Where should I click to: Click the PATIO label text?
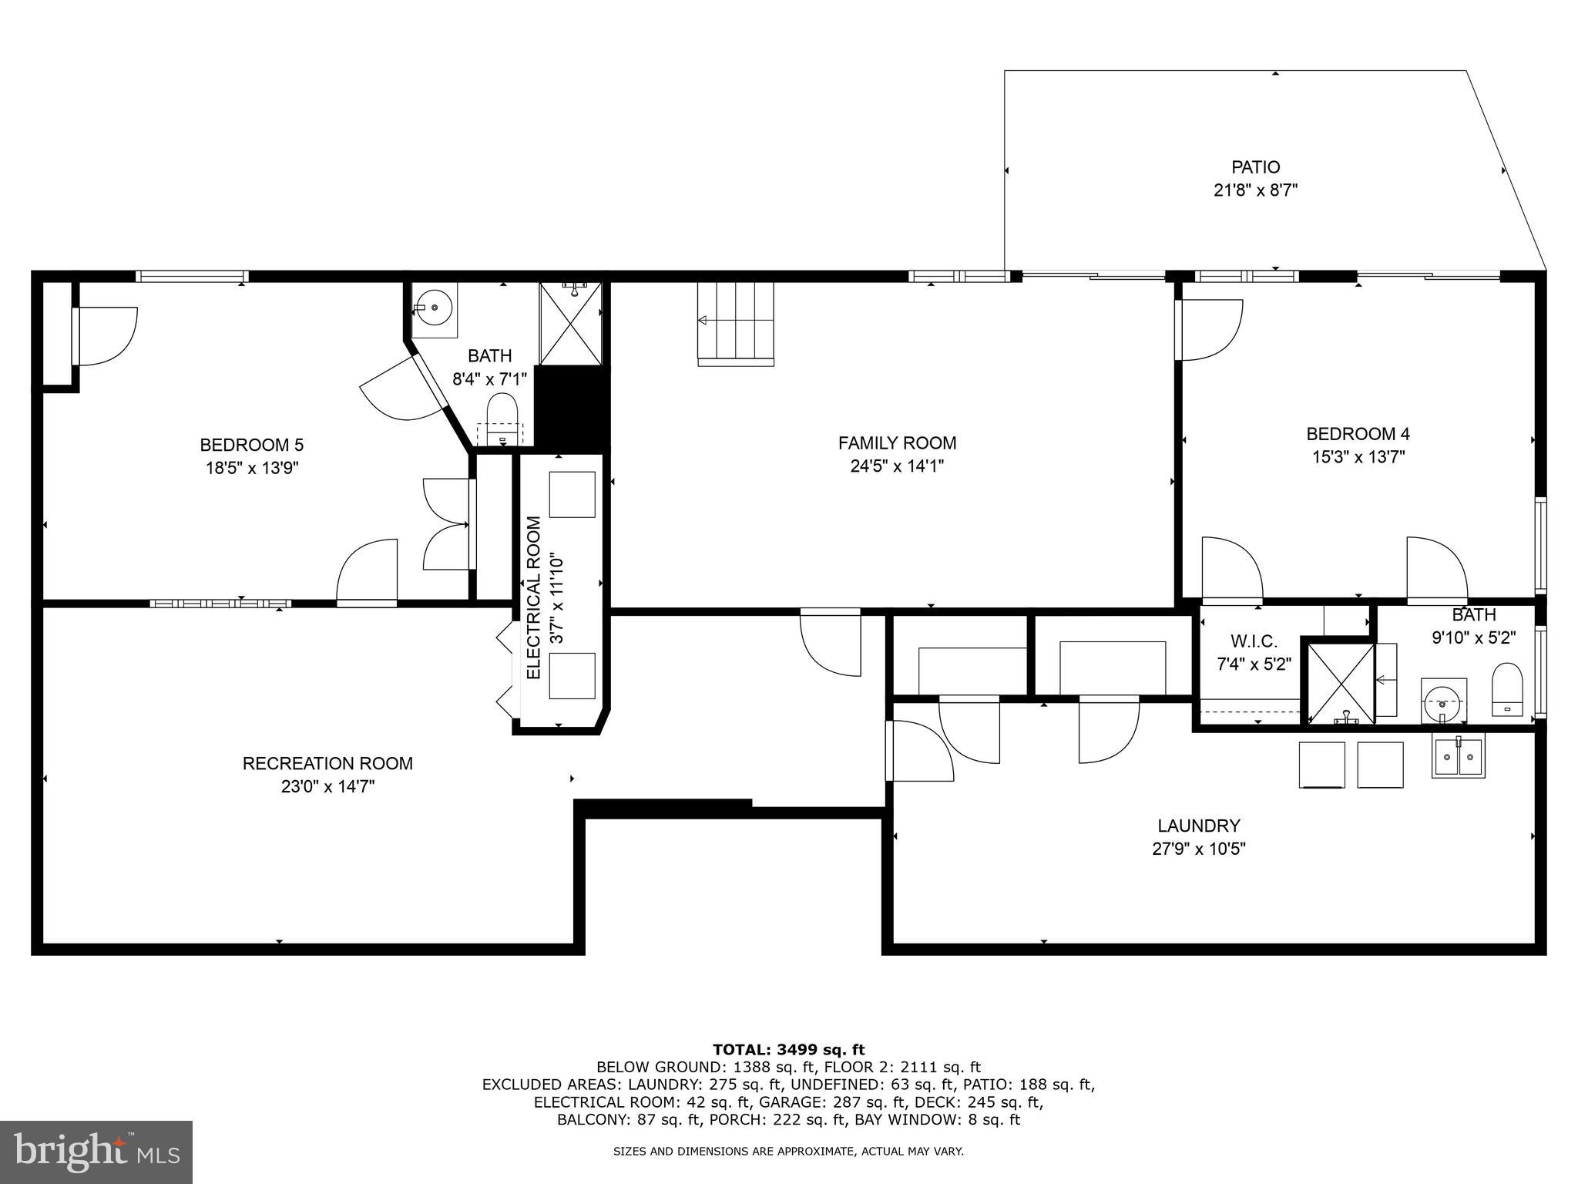click(1255, 167)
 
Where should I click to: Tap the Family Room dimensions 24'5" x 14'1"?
click(897, 466)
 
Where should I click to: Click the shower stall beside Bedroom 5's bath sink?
click(570, 323)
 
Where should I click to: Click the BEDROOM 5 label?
click(251, 445)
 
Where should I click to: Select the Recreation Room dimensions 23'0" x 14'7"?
click(327, 786)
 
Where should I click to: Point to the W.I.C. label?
click(1254, 641)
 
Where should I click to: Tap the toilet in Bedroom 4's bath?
click(1508, 689)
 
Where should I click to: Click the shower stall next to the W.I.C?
click(1341, 684)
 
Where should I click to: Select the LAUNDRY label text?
click(1198, 826)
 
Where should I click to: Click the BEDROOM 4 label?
click(1358, 434)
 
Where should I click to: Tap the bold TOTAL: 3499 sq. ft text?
click(788, 1049)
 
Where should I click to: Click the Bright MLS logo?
click(96, 1152)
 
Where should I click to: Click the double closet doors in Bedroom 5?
click(447, 524)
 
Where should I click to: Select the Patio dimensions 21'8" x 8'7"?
click(1255, 190)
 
